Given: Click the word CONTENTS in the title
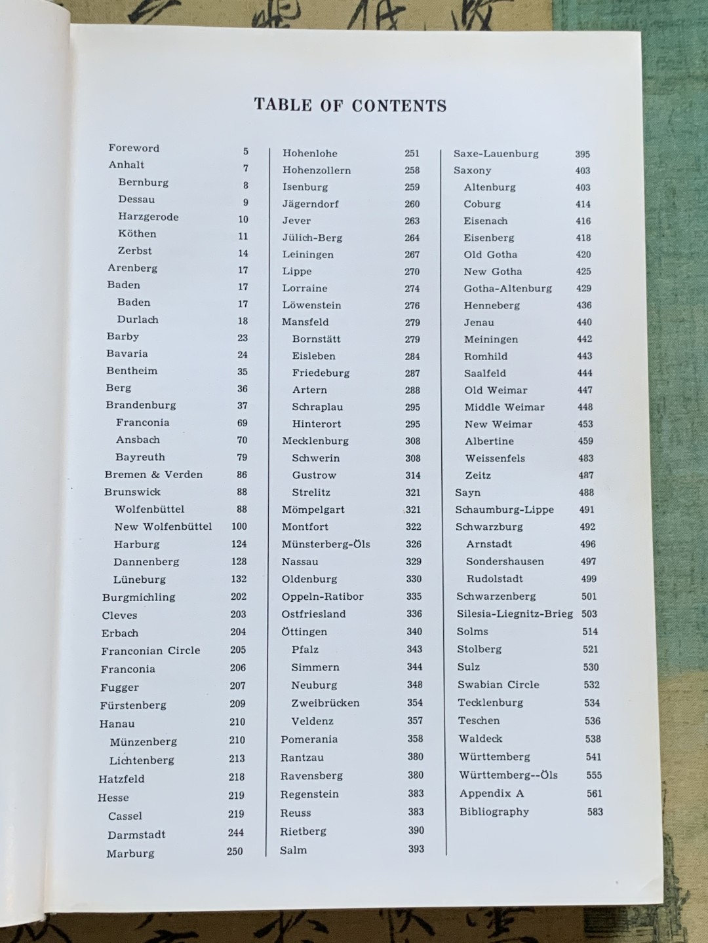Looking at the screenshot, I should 399,105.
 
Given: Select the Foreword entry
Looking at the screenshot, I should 134,148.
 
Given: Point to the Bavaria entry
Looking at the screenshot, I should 127,354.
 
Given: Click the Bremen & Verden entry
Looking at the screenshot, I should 153,474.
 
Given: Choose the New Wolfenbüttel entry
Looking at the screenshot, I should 163,527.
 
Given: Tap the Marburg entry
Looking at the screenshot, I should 130,853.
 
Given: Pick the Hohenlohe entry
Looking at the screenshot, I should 310,153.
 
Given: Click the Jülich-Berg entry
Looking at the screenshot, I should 312,238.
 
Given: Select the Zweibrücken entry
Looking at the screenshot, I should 325,703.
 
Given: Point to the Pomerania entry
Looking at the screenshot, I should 309,739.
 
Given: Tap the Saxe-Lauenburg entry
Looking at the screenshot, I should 496,154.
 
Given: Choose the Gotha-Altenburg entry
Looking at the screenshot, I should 507,288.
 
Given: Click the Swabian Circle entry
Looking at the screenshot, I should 498,684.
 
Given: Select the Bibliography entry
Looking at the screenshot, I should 494,812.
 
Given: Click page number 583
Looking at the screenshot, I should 595,812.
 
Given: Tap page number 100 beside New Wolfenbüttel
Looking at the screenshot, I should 239,527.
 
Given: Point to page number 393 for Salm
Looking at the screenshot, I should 416,849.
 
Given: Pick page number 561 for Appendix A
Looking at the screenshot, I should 595,794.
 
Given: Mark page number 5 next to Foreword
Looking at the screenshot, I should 246,151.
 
